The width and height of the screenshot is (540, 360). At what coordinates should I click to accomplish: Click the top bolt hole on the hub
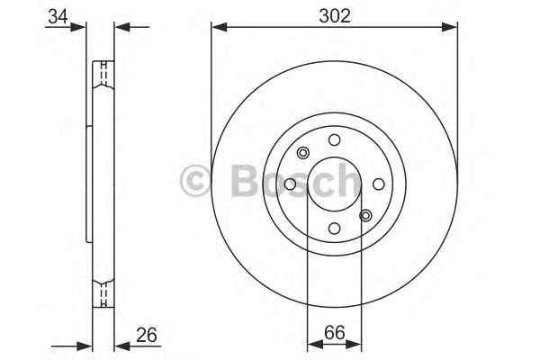click(x=334, y=139)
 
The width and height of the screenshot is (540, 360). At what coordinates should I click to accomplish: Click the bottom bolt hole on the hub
click(x=334, y=229)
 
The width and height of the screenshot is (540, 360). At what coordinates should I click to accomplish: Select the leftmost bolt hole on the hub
click(x=290, y=184)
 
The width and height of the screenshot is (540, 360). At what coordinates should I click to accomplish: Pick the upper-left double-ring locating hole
click(x=303, y=152)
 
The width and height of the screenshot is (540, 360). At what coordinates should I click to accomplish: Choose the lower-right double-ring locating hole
click(x=365, y=215)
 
